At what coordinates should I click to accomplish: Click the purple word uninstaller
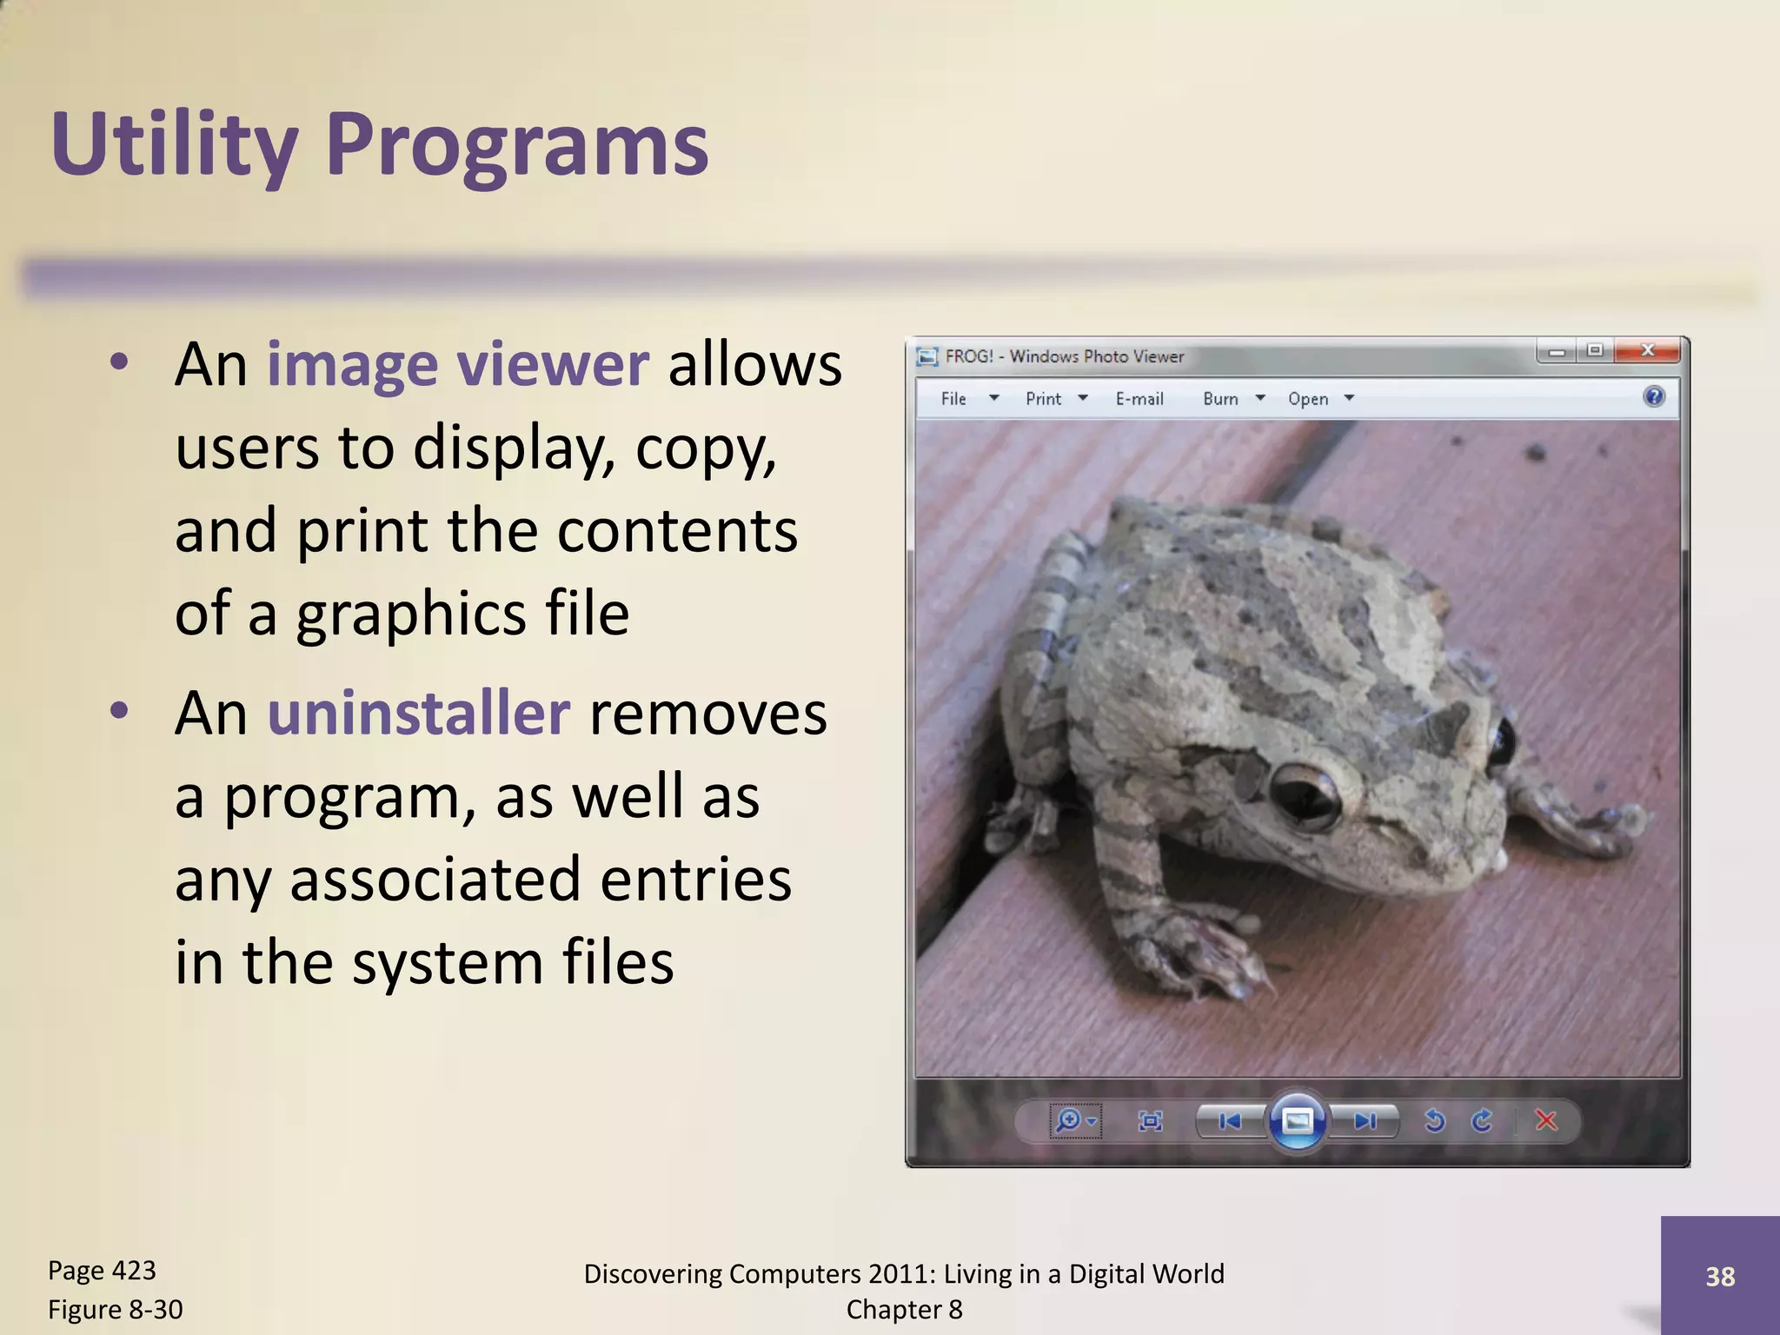(418, 714)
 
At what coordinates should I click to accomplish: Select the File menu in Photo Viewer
(954, 399)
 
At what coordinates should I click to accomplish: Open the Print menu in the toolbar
(1044, 399)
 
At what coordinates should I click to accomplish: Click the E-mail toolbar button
(1139, 399)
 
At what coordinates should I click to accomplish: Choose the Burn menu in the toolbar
(1221, 399)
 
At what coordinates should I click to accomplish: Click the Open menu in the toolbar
(1308, 399)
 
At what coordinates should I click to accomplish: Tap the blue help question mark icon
(1653, 397)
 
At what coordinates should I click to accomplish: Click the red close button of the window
(1646, 351)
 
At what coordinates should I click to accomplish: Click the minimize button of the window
(1556, 352)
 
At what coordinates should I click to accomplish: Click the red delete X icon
(1545, 1120)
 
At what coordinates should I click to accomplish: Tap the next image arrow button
(1365, 1121)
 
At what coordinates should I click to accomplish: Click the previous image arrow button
(1229, 1121)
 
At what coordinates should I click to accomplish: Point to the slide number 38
(1720, 1276)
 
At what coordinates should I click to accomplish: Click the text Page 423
(102, 1271)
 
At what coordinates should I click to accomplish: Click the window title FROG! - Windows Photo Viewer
(1064, 356)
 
